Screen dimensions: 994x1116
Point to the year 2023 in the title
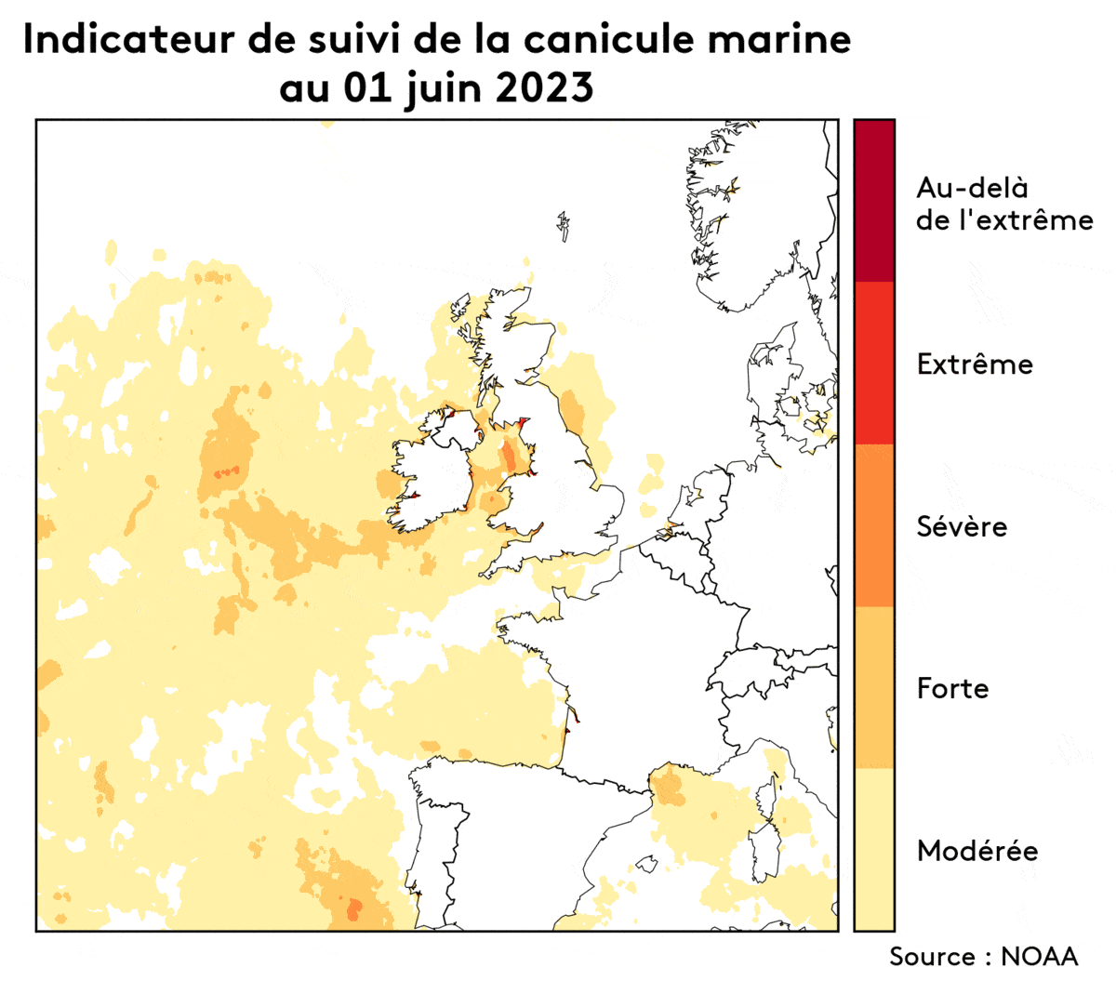pos(544,89)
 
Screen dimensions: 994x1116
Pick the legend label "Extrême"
pos(975,364)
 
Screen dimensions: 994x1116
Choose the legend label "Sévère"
pos(962,526)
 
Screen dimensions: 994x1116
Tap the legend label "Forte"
pos(952,688)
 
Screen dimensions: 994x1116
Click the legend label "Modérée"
pos(977,850)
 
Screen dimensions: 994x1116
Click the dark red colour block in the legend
pos(874,201)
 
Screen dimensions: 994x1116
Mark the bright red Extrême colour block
pos(874,363)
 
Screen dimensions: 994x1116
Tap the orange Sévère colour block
pos(874,525)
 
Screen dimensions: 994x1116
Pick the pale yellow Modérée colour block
pos(874,849)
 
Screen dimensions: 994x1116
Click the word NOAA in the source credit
pos(1039,956)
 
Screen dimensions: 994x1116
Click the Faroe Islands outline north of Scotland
pos(563,225)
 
